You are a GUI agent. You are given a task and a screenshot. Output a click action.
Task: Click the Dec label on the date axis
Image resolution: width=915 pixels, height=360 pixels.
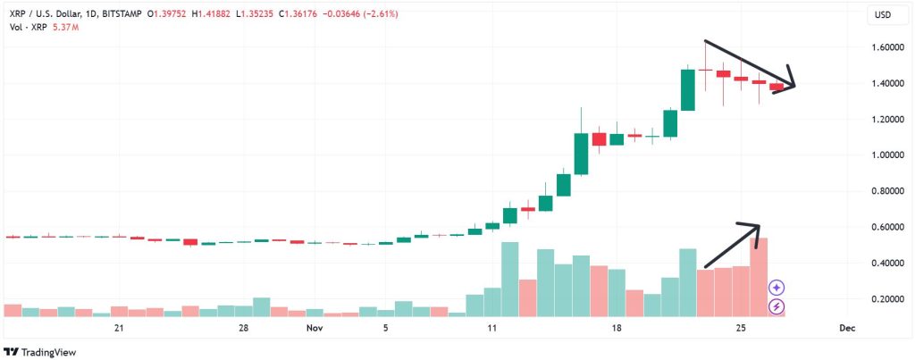pyautogui.click(x=847, y=329)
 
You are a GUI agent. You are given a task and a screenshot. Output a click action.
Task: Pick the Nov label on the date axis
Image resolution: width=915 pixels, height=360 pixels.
pyautogui.click(x=314, y=329)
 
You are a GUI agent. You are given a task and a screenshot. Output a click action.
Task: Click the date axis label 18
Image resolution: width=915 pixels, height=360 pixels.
pyautogui.click(x=617, y=329)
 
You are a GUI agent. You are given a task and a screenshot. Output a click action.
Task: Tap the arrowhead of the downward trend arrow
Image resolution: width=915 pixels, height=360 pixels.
pyautogui.click(x=792, y=86)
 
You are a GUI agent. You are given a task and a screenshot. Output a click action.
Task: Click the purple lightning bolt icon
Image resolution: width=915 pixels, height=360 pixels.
pyautogui.click(x=777, y=307)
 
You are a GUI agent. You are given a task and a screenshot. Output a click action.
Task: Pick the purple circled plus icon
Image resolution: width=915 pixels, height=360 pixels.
pyautogui.click(x=777, y=288)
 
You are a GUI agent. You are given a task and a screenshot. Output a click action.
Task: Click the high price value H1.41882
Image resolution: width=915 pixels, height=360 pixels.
pyautogui.click(x=210, y=14)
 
